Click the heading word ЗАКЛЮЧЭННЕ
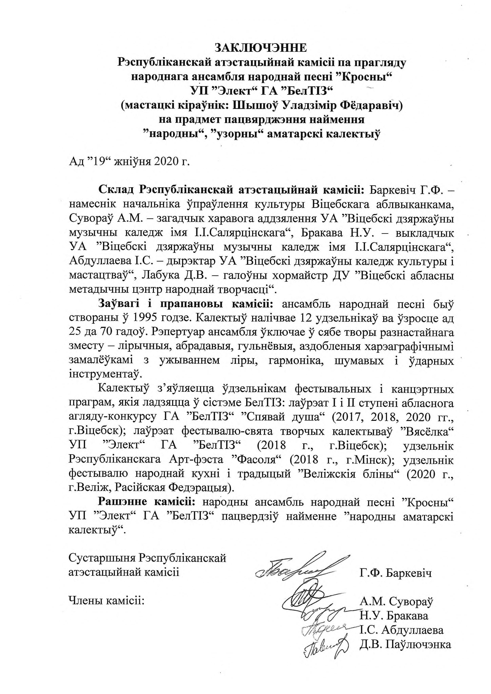pyautogui.click(x=261, y=48)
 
